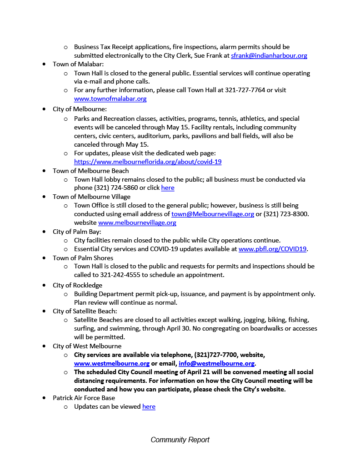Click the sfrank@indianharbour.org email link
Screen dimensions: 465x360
269,55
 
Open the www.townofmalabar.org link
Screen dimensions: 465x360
110,99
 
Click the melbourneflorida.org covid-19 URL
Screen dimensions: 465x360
148,162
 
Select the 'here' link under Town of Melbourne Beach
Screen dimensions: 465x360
167,188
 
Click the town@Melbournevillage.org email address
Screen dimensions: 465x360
212,214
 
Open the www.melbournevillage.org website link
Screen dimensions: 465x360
137,223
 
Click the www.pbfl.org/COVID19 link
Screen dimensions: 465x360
273,249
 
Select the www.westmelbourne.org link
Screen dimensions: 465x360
112,363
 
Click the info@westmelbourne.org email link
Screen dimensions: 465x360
216,363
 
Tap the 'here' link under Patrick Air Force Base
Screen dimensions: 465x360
149,406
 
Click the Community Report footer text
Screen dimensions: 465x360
180,440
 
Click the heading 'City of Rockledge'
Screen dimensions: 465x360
77,285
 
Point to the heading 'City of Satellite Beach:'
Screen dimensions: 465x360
85,311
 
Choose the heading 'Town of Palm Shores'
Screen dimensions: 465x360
83,257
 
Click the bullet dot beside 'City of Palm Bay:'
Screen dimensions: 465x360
44,232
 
